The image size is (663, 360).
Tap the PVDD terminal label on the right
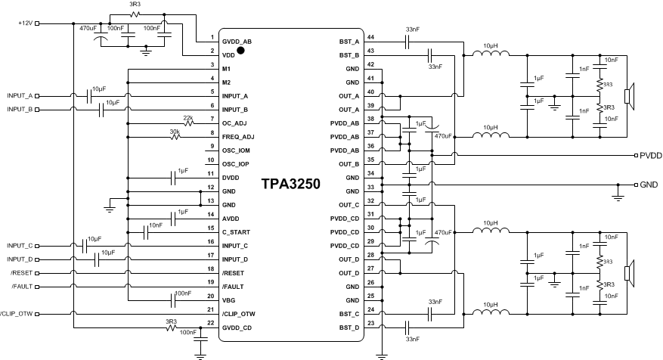pos(650,155)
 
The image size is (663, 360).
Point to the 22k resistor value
pos(187,117)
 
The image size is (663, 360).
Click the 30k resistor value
pos(175,131)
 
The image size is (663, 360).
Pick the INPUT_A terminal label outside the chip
pos(20,96)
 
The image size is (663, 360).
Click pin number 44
pos(370,37)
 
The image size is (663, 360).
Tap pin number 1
pos(212,37)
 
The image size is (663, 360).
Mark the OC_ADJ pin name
pos(235,123)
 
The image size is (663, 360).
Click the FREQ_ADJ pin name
pos(237,137)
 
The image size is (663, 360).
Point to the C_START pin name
pos(236,232)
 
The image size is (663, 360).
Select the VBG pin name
pos(229,300)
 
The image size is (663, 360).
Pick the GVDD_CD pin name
pos(237,327)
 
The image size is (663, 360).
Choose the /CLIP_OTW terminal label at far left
pos(15,314)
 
